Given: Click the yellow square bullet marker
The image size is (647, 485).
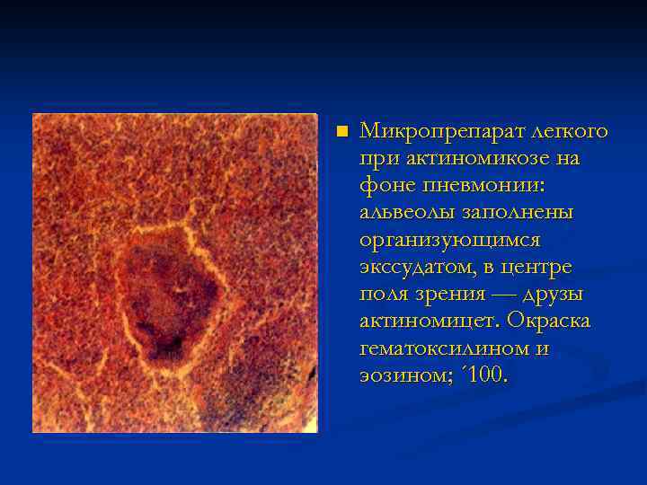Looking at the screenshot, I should point(341,132).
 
